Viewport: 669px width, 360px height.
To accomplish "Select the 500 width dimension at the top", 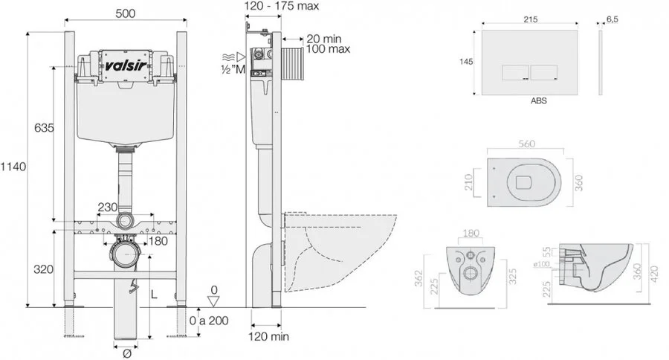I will (124, 13).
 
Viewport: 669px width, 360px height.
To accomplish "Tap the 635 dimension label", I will (44, 128).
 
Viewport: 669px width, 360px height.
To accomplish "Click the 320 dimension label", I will (43, 269).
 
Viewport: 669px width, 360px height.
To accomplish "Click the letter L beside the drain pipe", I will (155, 295).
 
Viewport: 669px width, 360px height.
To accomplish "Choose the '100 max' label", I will (326, 49).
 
